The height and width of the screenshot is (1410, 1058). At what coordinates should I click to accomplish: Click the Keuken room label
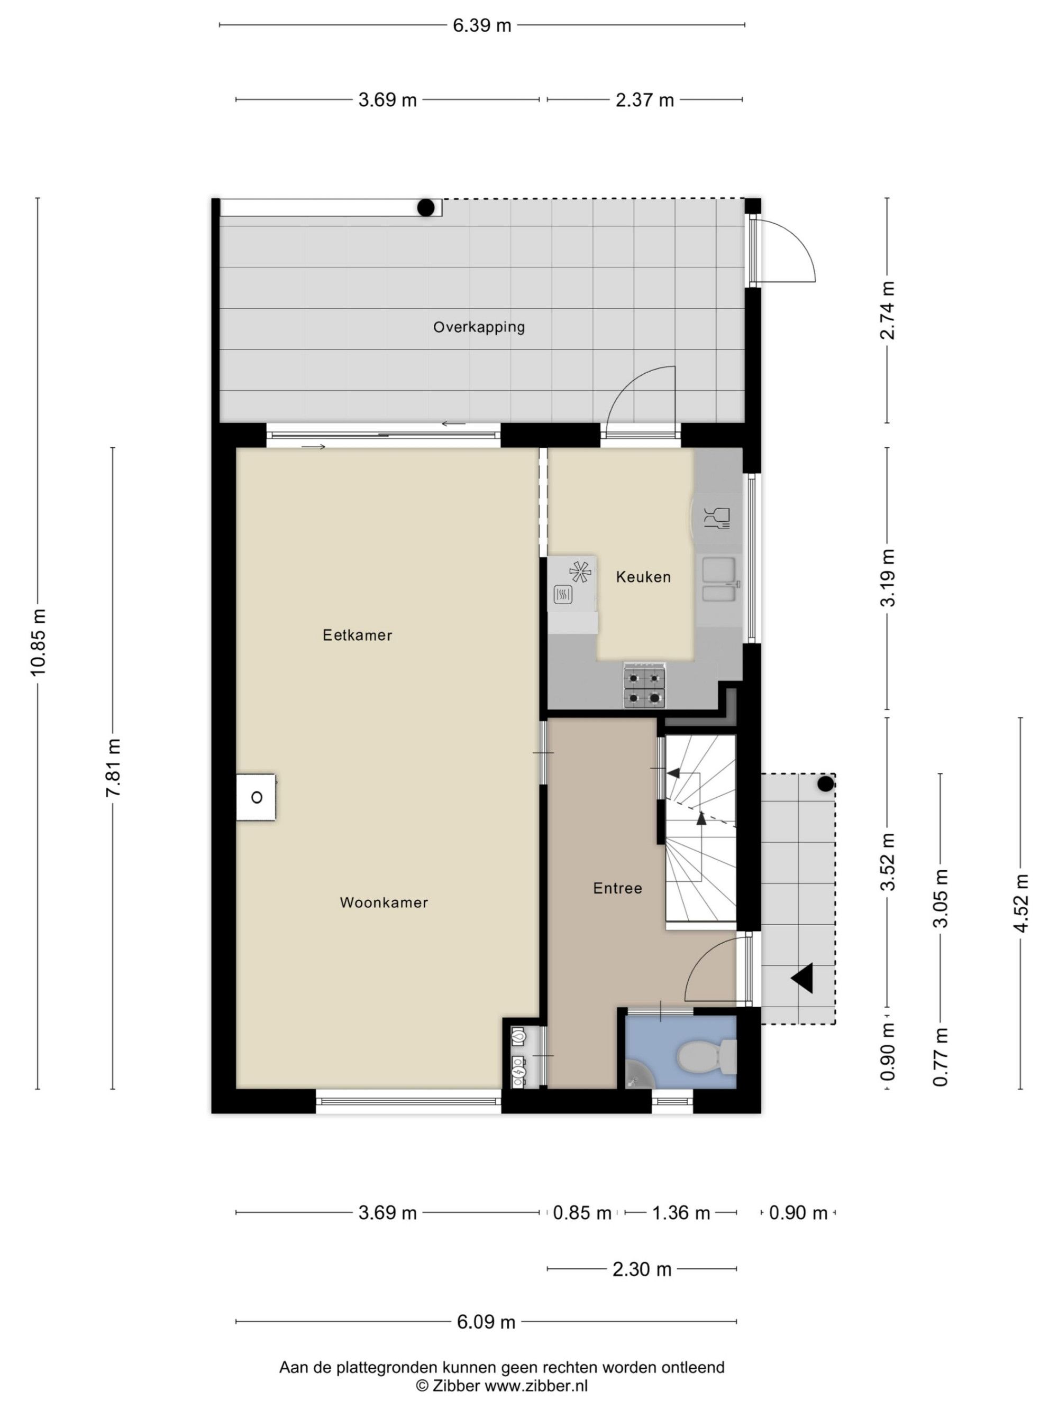point(643,577)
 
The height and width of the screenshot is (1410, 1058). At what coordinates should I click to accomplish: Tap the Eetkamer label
point(357,635)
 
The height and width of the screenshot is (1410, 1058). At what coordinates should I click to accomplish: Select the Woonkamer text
point(384,902)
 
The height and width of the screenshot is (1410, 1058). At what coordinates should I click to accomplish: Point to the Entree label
point(617,888)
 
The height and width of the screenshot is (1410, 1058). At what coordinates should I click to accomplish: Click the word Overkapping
point(479,328)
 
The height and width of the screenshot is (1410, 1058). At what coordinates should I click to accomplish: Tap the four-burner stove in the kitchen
point(645,686)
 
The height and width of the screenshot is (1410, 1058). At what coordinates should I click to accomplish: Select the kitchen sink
point(719,579)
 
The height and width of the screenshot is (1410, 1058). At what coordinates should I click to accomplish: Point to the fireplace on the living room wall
point(256,797)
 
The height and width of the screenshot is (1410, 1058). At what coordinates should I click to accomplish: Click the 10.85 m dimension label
point(38,642)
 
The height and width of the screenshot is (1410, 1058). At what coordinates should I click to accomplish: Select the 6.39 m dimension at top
point(482,25)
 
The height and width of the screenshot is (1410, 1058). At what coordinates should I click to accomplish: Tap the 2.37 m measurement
point(645,100)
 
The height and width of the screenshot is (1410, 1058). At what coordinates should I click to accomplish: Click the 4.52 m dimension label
point(1021,902)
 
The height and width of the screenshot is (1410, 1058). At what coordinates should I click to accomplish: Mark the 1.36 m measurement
point(680,1212)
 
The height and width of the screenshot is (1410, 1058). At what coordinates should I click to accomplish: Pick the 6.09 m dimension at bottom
point(486,1322)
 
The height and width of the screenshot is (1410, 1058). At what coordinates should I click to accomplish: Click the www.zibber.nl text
point(536,1385)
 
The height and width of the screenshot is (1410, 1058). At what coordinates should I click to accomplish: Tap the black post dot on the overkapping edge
point(426,207)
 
